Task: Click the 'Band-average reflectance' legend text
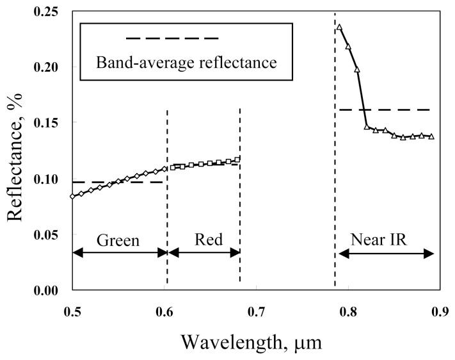[x=186, y=63]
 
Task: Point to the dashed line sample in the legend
[x=173, y=39]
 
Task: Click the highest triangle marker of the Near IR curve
[x=339, y=28]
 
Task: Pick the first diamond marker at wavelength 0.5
[x=72, y=197]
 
